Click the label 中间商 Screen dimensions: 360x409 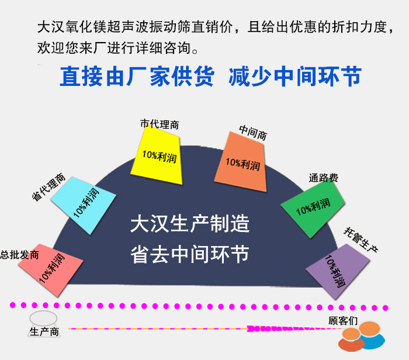[x=253, y=131]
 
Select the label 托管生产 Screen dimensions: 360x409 [x=361, y=239]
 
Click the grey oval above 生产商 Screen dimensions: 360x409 [x=43, y=319]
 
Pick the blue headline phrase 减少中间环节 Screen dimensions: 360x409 [x=296, y=77]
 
